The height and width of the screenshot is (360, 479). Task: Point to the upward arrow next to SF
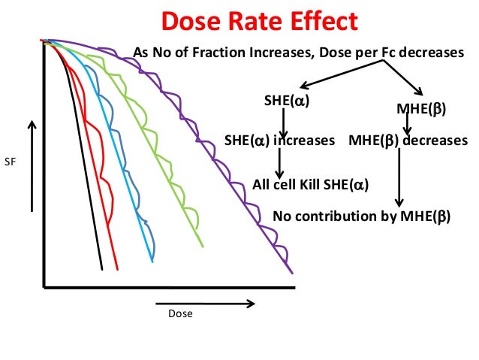32,165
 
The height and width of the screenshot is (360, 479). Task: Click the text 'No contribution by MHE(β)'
361,216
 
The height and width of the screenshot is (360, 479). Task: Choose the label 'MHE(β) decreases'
408,140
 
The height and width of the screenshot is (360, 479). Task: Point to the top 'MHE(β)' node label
420,110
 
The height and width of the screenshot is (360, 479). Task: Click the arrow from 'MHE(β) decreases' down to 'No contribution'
399,177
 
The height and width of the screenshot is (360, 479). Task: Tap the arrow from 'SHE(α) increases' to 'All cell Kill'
279,162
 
